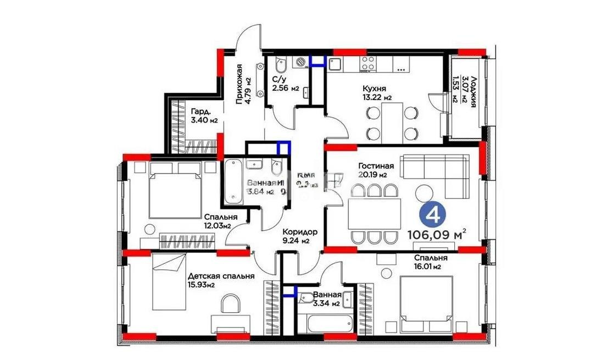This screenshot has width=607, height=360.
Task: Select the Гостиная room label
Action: [x=376, y=166]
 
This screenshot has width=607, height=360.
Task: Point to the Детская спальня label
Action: [x=221, y=276]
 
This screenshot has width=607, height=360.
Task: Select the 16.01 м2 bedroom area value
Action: [x=430, y=267]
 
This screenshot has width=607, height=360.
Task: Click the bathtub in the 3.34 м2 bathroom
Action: [x=322, y=324]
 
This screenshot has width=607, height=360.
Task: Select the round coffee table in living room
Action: [x=424, y=193]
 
